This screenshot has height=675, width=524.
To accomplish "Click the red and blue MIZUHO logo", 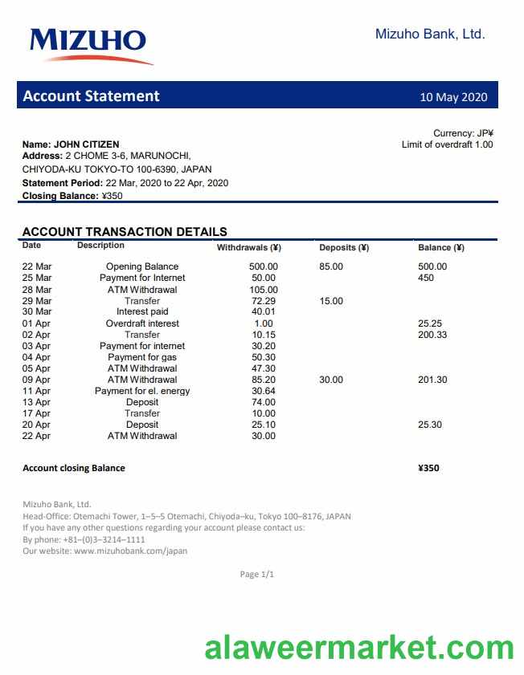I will tap(89, 44).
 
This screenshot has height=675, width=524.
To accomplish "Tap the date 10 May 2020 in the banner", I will tap(453, 97).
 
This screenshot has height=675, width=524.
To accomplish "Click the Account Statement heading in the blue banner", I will tap(91, 96).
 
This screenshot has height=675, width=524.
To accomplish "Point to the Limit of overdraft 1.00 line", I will tap(447, 144).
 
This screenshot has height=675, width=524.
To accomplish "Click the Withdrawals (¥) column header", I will tap(248, 248).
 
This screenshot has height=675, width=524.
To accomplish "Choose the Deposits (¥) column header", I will tap(343, 248).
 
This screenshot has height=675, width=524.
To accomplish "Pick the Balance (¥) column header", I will tap(441, 248).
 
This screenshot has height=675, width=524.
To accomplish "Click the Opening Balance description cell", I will tap(142, 266).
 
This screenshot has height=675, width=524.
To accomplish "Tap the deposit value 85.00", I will tap(331, 266).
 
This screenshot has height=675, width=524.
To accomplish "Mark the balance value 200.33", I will tap(432, 335).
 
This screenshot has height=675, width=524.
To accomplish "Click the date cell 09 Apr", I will tap(36, 380).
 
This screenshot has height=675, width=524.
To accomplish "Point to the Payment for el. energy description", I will tap(142, 391).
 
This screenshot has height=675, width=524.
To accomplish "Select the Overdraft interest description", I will tap(142, 323).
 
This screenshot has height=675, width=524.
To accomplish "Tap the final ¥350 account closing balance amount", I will tap(428, 468).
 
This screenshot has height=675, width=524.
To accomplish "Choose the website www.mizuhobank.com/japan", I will tap(130, 551).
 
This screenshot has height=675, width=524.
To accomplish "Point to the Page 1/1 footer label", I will tap(257, 575).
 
